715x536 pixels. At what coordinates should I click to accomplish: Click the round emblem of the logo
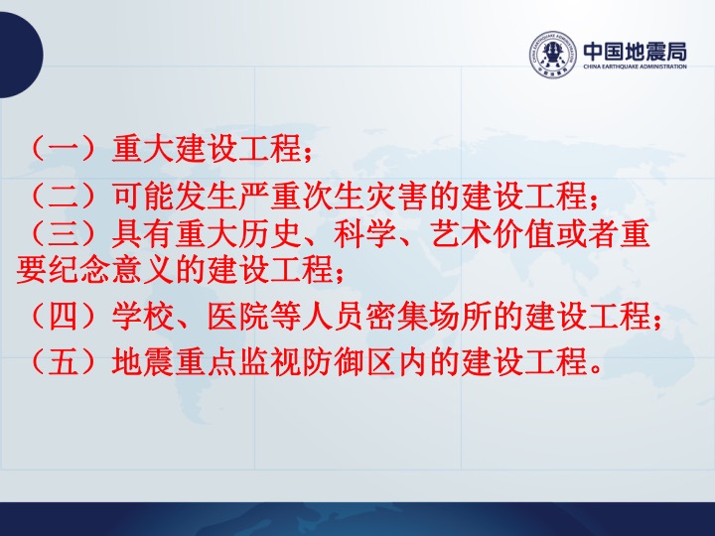click(553, 55)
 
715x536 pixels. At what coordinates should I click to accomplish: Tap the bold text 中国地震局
click(635, 52)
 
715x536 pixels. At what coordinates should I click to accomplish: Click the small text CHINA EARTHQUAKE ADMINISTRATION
click(635, 67)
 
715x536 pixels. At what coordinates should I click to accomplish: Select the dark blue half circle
click(21, 55)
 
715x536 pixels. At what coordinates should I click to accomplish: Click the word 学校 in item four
click(143, 316)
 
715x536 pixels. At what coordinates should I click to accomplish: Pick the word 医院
click(238, 316)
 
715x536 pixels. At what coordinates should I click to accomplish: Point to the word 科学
click(364, 233)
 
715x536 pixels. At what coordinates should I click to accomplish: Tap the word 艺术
click(461, 233)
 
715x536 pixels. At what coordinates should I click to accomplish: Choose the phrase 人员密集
click(364, 316)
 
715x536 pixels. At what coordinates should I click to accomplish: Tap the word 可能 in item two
click(143, 196)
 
